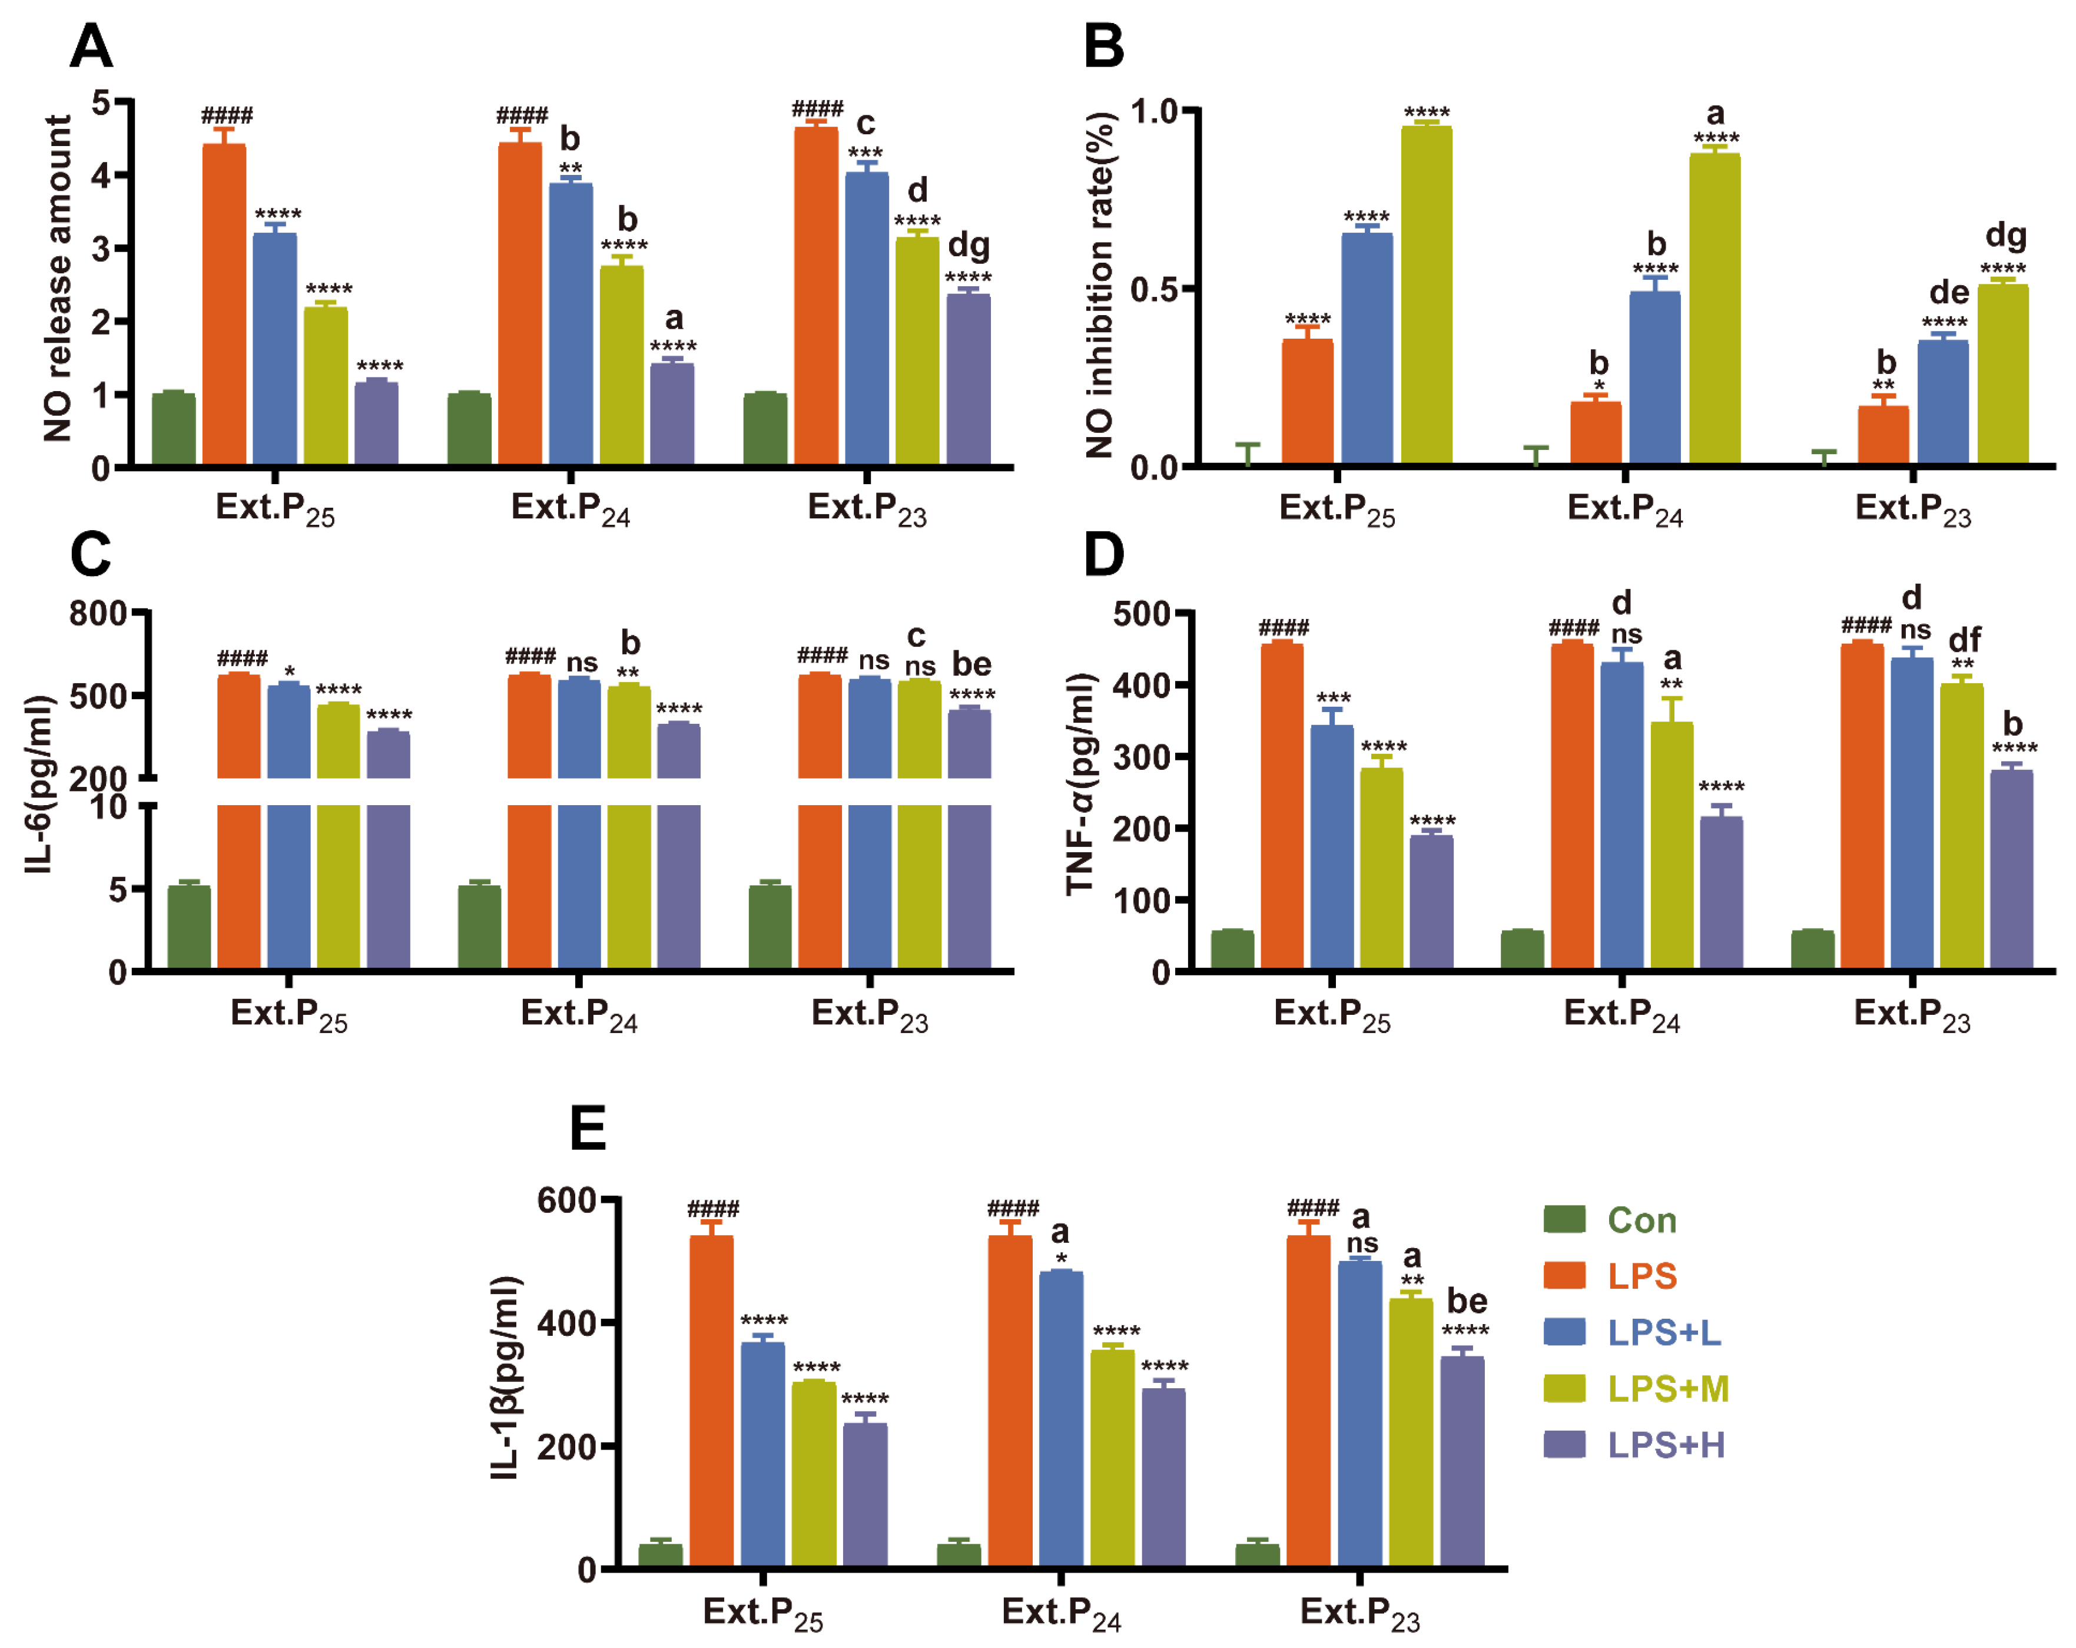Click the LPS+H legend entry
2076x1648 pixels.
(1665, 1445)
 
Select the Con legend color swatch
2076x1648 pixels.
(1564, 1219)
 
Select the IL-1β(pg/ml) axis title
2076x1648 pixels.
(506, 1377)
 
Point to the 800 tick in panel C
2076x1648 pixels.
(97, 614)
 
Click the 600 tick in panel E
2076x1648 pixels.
(566, 1200)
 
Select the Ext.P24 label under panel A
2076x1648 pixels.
(570, 508)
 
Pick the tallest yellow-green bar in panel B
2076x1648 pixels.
(1426, 294)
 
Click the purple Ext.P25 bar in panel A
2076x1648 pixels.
(376, 424)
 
